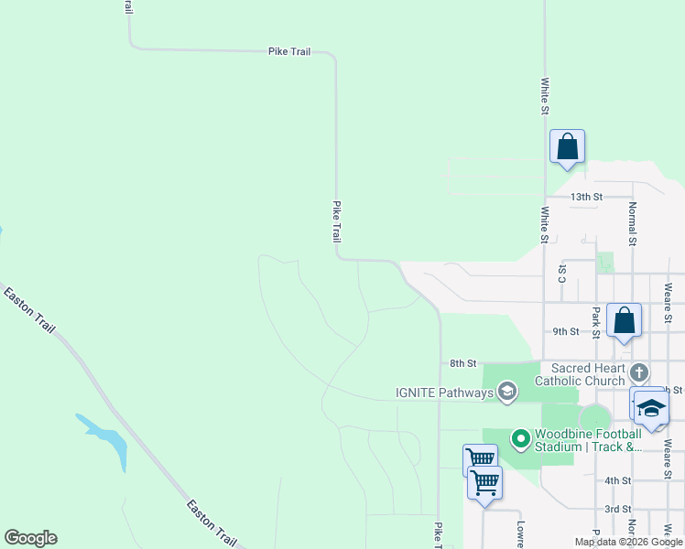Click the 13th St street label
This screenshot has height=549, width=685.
(x=586, y=197)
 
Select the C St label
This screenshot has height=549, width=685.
(x=562, y=274)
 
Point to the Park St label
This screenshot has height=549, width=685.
(x=595, y=322)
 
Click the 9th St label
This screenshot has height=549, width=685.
(x=566, y=331)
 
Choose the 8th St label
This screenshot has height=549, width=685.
(x=463, y=363)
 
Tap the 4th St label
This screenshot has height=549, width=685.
(x=618, y=480)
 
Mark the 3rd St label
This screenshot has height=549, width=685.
(x=618, y=509)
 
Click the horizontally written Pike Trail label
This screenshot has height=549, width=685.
(x=289, y=52)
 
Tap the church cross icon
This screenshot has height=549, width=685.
(x=639, y=372)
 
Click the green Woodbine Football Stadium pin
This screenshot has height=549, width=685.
(x=521, y=440)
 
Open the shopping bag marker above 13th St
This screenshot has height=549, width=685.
(x=567, y=146)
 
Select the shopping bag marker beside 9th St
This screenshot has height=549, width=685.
(x=624, y=320)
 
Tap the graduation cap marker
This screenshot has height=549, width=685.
(x=651, y=408)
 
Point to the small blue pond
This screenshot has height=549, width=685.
(x=108, y=439)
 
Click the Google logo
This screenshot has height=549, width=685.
(x=30, y=538)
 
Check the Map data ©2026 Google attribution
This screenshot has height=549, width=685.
(x=627, y=542)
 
